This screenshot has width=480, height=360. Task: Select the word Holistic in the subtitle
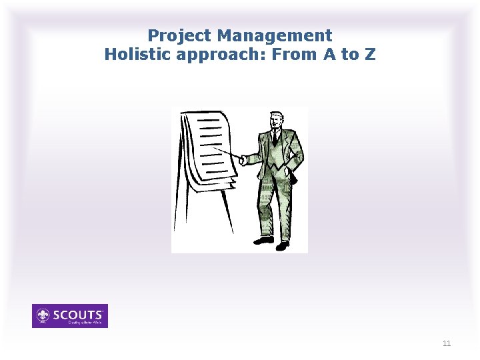pyautogui.click(x=137, y=54)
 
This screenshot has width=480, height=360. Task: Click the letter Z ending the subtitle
pyautogui.click(x=370, y=54)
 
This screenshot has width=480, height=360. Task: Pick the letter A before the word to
pyautogui.click(x=329, y=54)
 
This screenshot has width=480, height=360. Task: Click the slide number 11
pyautogui.click(x=447, y=343)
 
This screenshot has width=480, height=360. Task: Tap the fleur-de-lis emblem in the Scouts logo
pyautogui.click(x=44, y=315)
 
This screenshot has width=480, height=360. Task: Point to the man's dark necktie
pyautogui.click(x=274, y=138)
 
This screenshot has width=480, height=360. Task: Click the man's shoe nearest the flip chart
pyautogui.click(x=263, y=240)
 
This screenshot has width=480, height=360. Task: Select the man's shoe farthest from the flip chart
pyautogui.click(x=283, y=246)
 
